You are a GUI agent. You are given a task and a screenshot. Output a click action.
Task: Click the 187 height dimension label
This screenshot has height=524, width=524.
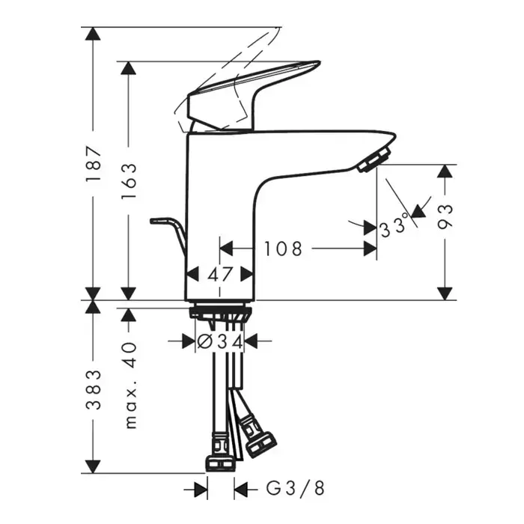point(93,163)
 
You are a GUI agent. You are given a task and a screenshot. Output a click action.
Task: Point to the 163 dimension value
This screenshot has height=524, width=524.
point(129,181)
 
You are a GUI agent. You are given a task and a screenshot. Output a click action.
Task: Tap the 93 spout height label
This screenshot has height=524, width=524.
point(445,216)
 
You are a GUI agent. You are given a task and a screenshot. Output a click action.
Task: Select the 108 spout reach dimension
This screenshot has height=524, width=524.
point(283,249)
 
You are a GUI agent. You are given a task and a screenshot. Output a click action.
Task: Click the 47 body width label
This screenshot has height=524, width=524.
point(220,275)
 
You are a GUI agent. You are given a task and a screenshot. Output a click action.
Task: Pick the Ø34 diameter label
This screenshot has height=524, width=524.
point(219,341)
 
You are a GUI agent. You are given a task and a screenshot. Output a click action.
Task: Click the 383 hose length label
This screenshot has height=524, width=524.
point(93,390)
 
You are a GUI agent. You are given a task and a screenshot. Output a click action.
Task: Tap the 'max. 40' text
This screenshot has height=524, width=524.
point(130,385)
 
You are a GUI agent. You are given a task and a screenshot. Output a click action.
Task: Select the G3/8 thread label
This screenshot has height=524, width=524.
point(295,488)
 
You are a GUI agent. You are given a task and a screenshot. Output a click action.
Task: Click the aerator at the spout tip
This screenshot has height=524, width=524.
point(374,159)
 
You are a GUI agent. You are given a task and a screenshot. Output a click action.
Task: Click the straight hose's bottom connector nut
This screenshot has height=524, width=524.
point(220,463)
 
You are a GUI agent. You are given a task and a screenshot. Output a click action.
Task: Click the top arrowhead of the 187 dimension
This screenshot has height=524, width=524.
point(93,34)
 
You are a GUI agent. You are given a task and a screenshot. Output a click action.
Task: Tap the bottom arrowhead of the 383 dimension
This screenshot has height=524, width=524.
point(93,466)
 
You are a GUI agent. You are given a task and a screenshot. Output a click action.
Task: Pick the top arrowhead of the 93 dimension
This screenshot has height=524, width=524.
point(445,171)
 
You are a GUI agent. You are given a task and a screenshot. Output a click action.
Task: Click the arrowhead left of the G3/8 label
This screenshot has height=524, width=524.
point(201,490)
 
